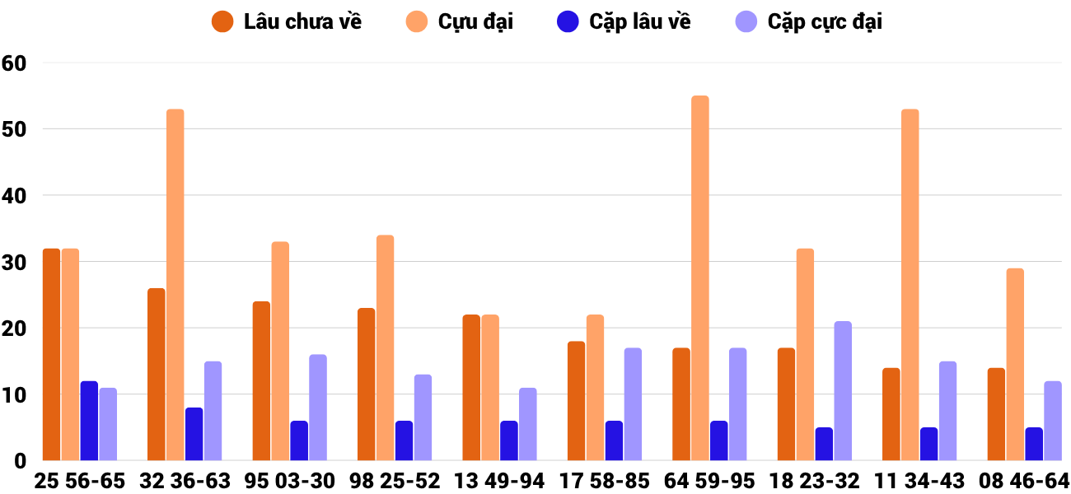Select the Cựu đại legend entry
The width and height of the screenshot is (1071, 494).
(x=461, y=22)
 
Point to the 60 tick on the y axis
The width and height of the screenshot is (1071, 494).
(x=14, y=63)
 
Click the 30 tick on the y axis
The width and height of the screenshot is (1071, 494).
(x=14, y=262)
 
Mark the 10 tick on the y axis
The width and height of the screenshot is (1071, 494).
(x=14, y=394)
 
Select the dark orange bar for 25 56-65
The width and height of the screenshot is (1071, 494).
(x=51, y=354)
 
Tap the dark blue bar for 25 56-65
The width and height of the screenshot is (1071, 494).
(x=89, y=421)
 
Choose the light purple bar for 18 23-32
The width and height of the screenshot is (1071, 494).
(x=843, y=391)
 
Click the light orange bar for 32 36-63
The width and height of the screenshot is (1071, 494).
(x=175, y=285)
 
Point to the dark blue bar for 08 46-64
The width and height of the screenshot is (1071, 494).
(x=1034, y=444)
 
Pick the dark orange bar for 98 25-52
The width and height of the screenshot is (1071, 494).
(x=367, y=384)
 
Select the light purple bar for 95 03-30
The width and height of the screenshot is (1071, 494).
(x=318, y=408)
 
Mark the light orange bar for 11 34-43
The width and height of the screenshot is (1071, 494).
(x=910, y=285)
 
